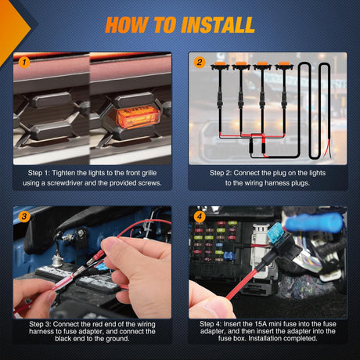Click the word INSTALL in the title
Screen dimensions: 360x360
click(218, 25)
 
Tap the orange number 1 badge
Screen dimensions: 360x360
click(24, 62)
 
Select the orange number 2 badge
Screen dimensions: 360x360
click(200, 63)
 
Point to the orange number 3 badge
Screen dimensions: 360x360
click(24, 216)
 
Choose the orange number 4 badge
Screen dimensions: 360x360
click(200, 216)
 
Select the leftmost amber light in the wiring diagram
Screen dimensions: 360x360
click(220, 65)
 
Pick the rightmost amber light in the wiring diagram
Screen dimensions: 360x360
click(284, 65)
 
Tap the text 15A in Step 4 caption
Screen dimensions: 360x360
click(261, 324)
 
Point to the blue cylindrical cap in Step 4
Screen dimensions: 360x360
click(314, 221)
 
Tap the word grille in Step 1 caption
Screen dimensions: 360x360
click(149, 173)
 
